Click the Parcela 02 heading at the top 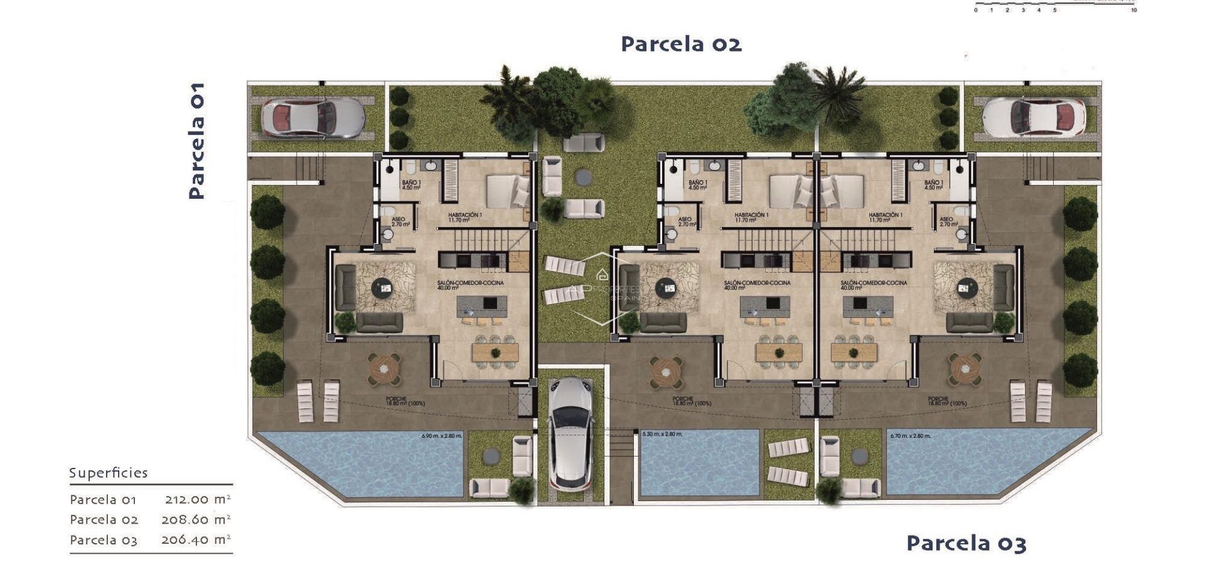[x=681, y=44]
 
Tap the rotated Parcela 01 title [x=196, y=141]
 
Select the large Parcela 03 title [x=966, y=543]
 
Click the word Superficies [x=109, y=473]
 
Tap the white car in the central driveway [x=571, y=433]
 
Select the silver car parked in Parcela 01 [x=312, y=117]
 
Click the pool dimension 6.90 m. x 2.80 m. [x=442, y=436]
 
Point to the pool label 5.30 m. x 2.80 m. [x=662, y=434]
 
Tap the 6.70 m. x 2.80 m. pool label [x=910, y=436]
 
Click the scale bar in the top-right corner [x=1055, y=7]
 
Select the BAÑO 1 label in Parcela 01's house [x=411, y=185]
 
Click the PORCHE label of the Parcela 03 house [x=938, y=401]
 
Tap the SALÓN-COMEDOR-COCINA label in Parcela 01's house [x=470, y=285]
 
